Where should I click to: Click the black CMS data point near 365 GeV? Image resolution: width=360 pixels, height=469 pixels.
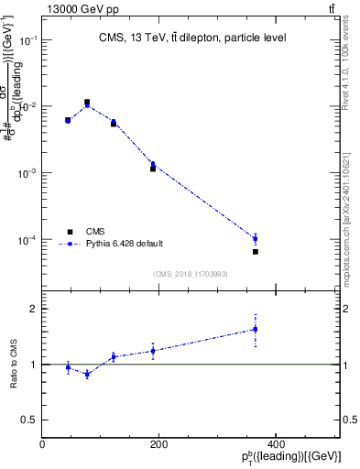(256, 251)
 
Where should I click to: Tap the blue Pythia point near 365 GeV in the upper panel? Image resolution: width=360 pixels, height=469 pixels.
(256, 238)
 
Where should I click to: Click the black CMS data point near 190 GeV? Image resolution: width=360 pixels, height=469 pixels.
(153, 169)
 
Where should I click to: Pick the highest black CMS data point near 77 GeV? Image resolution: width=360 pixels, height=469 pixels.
(87, 102)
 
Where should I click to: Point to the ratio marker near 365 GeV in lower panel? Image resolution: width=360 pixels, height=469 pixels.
(256, 329)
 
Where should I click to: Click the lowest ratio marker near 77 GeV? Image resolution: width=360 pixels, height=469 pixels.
(87, 374)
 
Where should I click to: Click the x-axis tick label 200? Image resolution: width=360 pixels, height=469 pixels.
(158, 444)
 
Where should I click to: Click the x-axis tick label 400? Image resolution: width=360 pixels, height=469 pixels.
(275, 444)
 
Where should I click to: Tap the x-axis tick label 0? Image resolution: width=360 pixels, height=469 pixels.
(43, 444)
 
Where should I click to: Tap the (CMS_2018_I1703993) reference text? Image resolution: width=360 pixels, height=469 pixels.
(190, 274)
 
